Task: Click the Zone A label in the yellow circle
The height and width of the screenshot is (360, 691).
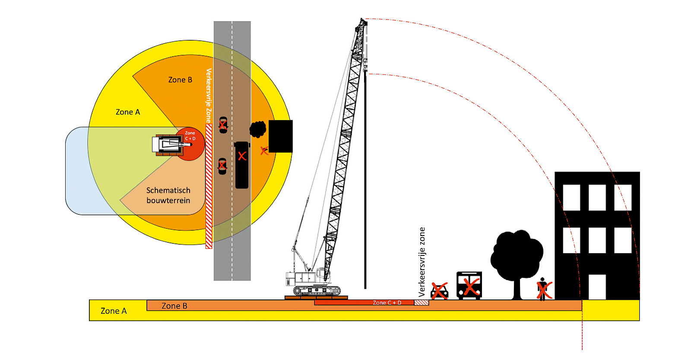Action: pos(128,112)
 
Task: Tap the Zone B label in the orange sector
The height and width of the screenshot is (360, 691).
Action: pos(180,80)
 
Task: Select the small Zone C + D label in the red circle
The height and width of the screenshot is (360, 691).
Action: pos(190,136)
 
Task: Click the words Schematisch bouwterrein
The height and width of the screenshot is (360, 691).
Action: pos(168,195)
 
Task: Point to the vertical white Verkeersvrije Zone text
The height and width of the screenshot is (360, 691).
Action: pos(209,96)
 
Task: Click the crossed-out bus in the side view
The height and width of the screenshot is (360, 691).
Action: pos(469,285)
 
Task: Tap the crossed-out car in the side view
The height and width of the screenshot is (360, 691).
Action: pos(440,291)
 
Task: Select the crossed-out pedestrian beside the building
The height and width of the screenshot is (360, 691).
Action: pos(543,289)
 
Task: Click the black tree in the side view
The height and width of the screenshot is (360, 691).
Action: pos(517,259)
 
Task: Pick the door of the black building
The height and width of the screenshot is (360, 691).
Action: pos(597,287)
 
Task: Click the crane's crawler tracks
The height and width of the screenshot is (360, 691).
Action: pos(317,290)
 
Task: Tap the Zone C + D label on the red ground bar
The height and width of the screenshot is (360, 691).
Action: pos(387,303)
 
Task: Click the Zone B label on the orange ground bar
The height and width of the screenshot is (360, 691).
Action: pos(174,306)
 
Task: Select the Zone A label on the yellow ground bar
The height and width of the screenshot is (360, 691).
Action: pos(114,311)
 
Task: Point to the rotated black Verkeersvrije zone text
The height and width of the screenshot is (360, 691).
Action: pos(422,262)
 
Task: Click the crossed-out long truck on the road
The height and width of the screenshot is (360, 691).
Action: pos(242,165)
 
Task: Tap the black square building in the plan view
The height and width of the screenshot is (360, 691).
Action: pos(281,136)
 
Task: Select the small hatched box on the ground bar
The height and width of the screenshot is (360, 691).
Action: pos(422,303)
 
